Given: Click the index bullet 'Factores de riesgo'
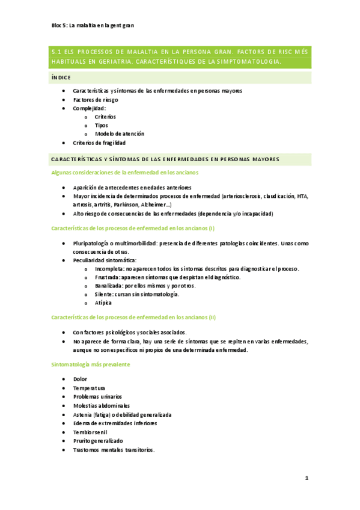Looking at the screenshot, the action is [96, 99].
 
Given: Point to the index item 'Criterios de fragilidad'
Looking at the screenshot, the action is [99, 143].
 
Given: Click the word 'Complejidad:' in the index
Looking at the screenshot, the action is [90, 108].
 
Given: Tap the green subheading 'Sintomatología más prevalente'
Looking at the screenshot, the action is [90, 364].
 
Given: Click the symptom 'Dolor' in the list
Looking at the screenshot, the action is [80, 379].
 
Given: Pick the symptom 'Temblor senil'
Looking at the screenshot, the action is [91, 432].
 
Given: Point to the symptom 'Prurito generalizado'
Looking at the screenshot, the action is [98, 440].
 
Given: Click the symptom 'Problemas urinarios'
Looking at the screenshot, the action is [97, 396].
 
